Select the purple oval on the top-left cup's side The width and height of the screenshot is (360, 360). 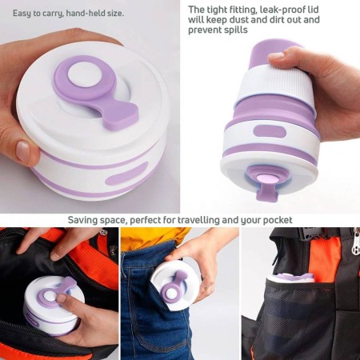[126, 174]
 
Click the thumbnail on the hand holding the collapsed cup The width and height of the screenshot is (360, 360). [23, 152]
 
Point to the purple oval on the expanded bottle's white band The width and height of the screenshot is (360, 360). [270, 132]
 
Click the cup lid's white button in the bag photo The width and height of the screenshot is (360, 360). [49, 297]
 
